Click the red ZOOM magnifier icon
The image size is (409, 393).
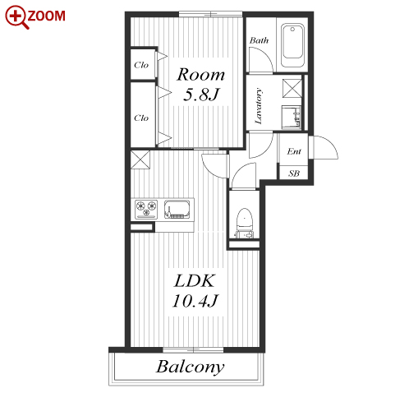pyautogui.click(x=16, y=17)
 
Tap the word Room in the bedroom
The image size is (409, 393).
pyautogui.click(x=200, y=74)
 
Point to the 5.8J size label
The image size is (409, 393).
pyautogui.click(x=201, y=95)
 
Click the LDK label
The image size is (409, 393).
pyautogui.click(x=194, y=280)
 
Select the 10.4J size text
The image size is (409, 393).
pyautogui.click(x=195, y=301)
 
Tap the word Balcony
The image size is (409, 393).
pyautogui.click(x=191, y=367)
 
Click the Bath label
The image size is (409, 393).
pyautogui.click(x=259, y=40)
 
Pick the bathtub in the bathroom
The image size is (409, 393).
pyautogui.click(x=292, y=45)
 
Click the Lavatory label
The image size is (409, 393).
pyautogui.click(x=258, y=106)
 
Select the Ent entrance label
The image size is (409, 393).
pyautogui.click(x=294, y=151)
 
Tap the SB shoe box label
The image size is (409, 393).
pyautogui.click(x=294, y=173)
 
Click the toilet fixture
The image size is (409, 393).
pyautogui.click(x=244, y=223)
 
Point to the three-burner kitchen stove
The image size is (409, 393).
pyautogui.click(x=146, y=209)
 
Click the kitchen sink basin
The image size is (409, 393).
pyautogui.click(x=177, y=210)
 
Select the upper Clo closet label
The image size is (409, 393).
pyautogui.click(x=141, y=65)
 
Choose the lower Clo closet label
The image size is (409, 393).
pyautogui.click(x=141, y=118)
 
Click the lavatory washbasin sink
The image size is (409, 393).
pyautogui.click(x=292, y=117)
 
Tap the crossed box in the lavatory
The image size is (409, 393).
pyautogui.click(x=292, y=88)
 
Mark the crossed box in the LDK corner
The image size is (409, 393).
pyautogui.click(x=140, y=160)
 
